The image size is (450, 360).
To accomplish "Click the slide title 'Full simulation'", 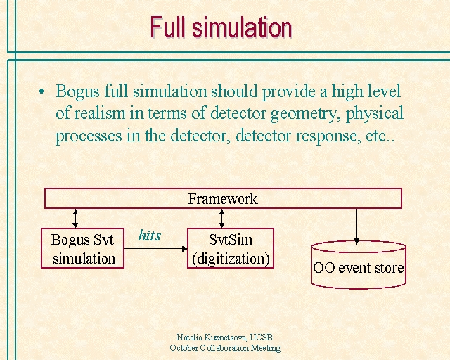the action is point(221,27).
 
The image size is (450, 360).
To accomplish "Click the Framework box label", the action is point(223,199).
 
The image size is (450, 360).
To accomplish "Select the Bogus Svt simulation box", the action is point(83,248).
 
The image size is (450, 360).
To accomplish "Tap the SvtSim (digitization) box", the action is point(231,248).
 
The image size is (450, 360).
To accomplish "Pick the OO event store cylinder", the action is point(359,264).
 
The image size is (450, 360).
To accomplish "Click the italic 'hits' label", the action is point(150,236).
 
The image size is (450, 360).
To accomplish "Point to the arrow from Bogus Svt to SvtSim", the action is point(156,249).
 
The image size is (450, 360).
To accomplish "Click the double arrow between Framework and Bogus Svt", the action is point(75,219).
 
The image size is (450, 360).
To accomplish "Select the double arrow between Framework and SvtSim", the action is point(222,219).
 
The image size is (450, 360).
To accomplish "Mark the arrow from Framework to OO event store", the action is point(356,226).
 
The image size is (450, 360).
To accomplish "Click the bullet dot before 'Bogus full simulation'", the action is point(41,91).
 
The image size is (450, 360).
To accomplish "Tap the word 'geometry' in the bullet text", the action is point(304,114).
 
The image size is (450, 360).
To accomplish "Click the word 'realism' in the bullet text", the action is point(100,113).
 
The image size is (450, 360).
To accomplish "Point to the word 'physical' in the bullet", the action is point(375,113).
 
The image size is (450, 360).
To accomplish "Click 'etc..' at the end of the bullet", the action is point(380,136).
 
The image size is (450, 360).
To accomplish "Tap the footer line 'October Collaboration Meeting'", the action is point(225,348).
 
